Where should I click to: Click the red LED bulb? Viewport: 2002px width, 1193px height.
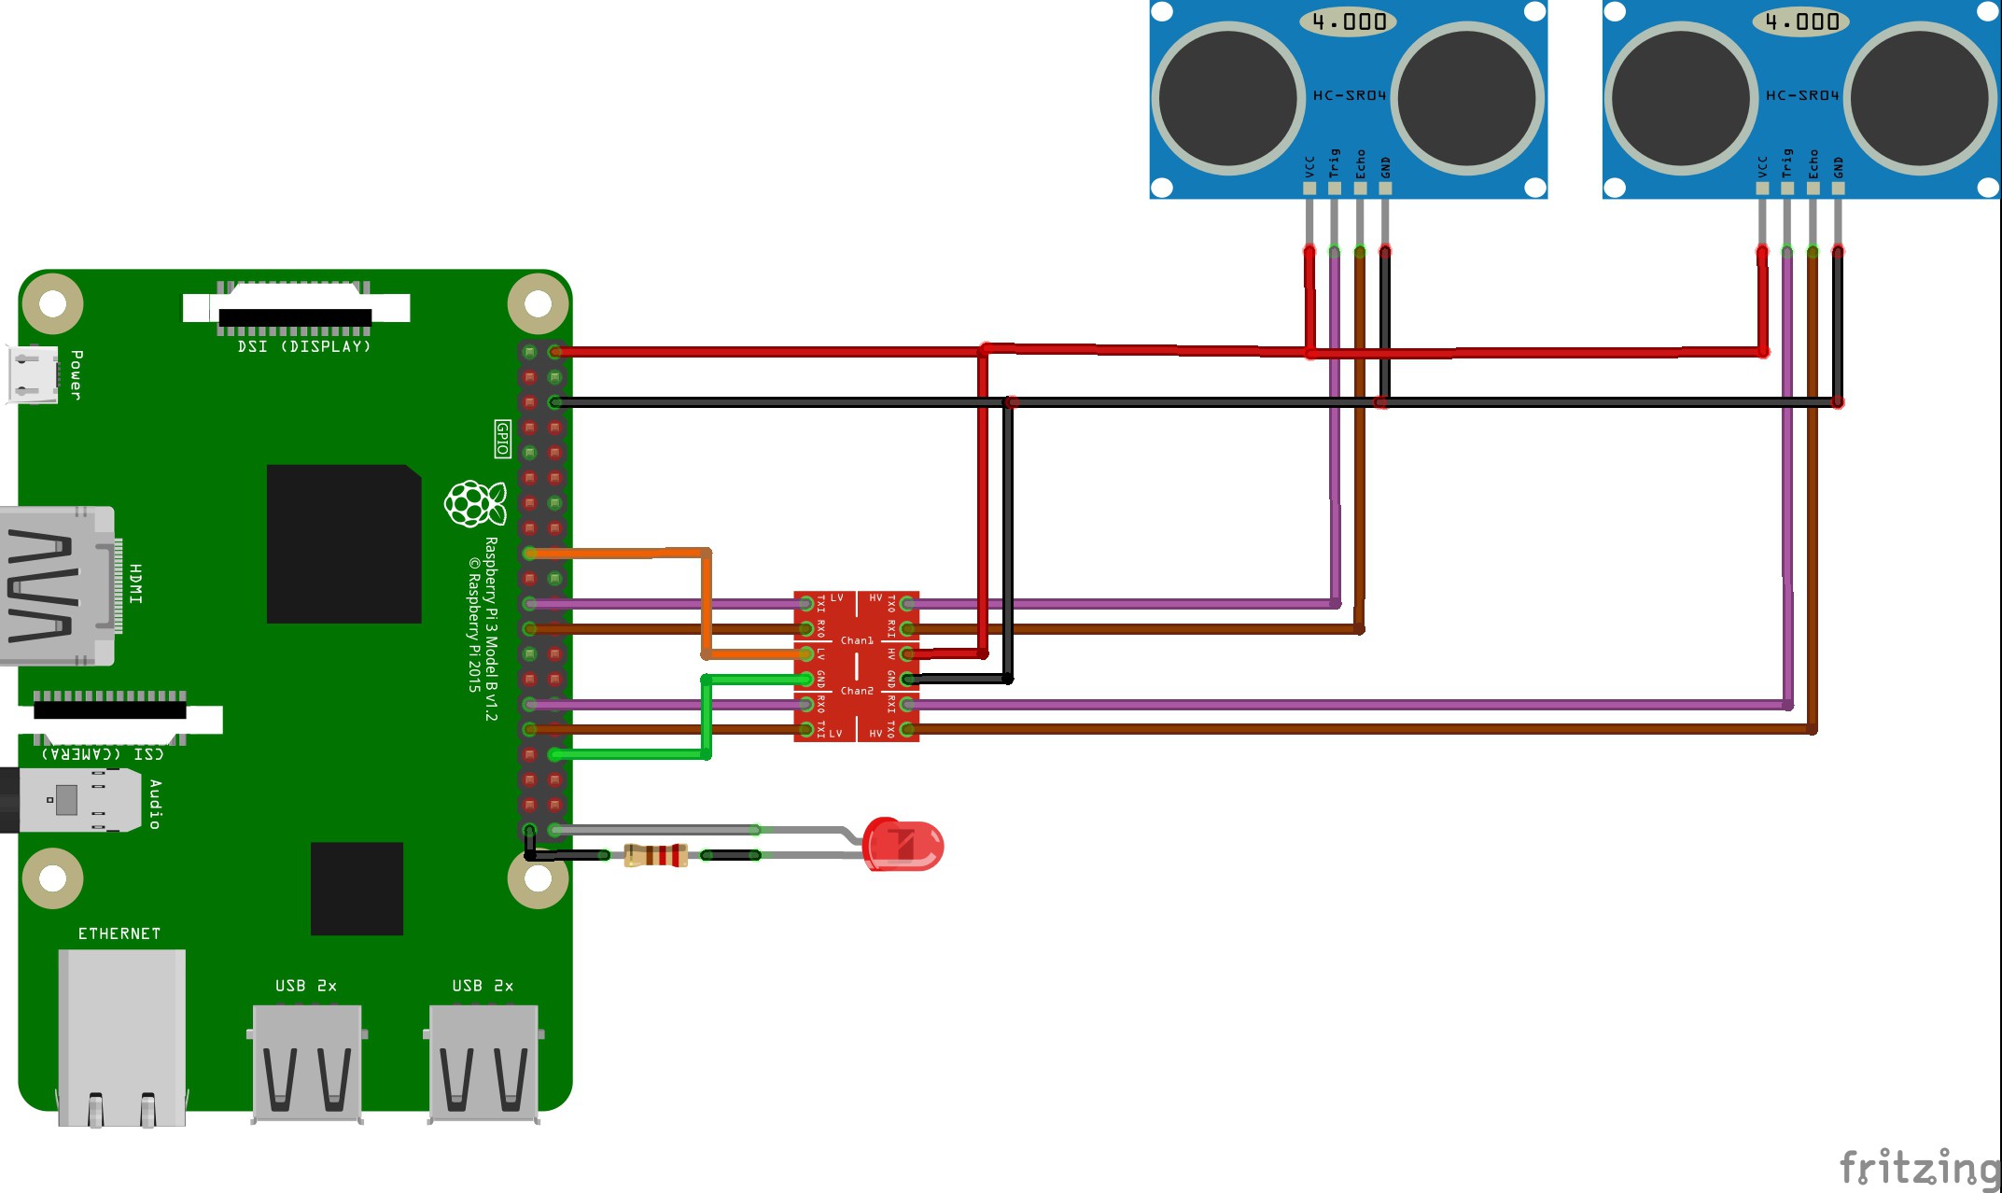click(903, 845)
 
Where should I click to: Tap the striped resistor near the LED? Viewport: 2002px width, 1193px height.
click(655, 855)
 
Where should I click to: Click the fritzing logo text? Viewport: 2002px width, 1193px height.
click(1918, 1168)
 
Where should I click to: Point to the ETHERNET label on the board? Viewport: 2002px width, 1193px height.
click(119, 933)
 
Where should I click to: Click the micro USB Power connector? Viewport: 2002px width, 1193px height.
click(34, 374)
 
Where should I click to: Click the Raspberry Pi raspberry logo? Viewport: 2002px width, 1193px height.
click(475, 504)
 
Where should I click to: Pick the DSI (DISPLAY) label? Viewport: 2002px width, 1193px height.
click(304, 346)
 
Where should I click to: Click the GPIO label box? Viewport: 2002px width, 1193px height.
click(502, 439)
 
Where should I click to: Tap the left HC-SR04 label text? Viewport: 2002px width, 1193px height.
click(1350, 95)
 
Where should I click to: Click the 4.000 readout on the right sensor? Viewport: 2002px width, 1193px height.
click(1801, 21)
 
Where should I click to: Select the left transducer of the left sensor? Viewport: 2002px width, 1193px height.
click(1228, 98)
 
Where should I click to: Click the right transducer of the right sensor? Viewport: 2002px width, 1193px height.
click(1920, 98)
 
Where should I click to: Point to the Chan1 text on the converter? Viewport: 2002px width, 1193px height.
click(857, 640)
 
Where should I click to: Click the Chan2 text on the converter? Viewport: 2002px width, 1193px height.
click(857, 691)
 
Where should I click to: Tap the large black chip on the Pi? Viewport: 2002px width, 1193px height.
click(343, 543)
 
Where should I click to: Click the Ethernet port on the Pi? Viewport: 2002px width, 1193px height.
click(121, 1036)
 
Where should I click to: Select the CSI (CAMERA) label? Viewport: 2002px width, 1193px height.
click(103, 753)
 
